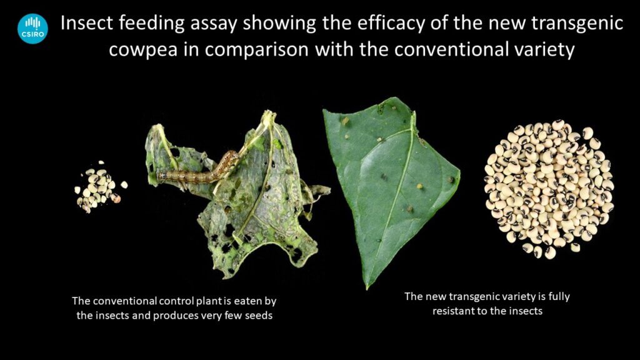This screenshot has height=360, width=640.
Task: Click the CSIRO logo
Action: pyautogui.click(x=32, y=29)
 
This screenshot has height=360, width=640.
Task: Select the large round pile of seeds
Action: pyautogui.click(x=549, y=189)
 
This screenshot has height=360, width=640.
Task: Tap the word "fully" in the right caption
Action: pyautogui.click(x=559, y=297)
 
